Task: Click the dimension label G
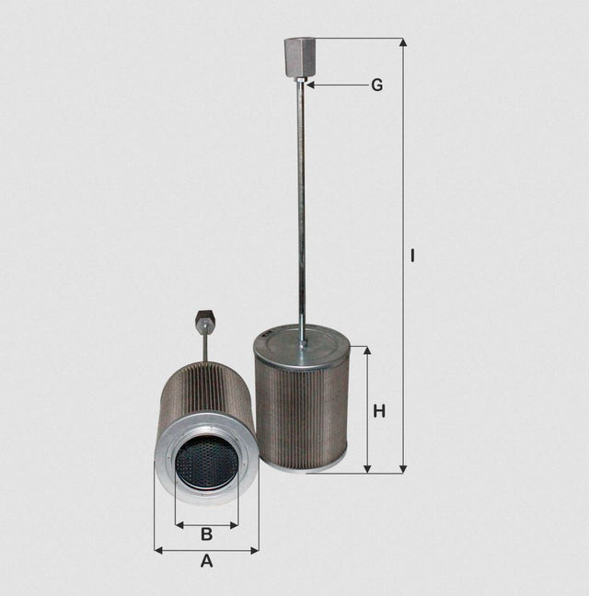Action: click(376, 86)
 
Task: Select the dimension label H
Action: click(379, 411)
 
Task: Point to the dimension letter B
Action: click(206, 533)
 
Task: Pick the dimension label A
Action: click(206, 560)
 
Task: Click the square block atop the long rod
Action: click(301, 57)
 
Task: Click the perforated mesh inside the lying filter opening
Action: click(205, 462)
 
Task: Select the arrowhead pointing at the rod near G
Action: click(310, 85)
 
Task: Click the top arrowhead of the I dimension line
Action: click(402, 42)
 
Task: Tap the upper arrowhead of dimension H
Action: click(367, 351)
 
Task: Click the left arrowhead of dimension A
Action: click(158, 550)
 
